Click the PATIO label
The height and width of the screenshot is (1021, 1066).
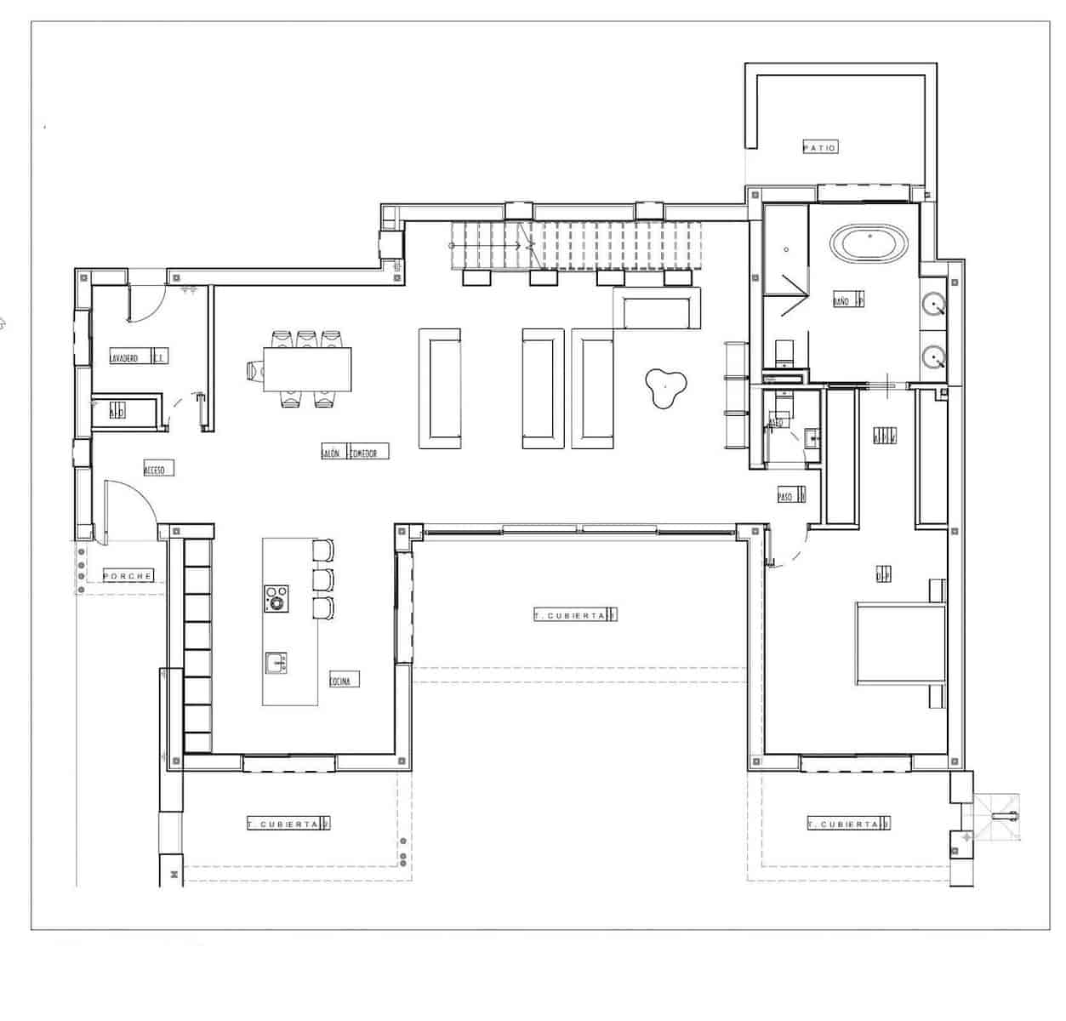[819, 147]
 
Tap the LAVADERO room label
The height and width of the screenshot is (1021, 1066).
[124, 358]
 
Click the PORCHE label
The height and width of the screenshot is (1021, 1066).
[128, 576]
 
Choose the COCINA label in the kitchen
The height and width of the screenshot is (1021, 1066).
[345, 680]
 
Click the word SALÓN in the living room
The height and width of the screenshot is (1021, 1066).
[332, 453]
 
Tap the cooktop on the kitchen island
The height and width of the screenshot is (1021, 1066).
[276, 598]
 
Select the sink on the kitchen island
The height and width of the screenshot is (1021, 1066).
[275, 663]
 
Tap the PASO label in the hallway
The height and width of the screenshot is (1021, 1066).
[788, 495]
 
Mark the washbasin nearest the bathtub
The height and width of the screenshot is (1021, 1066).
[935, 305]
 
